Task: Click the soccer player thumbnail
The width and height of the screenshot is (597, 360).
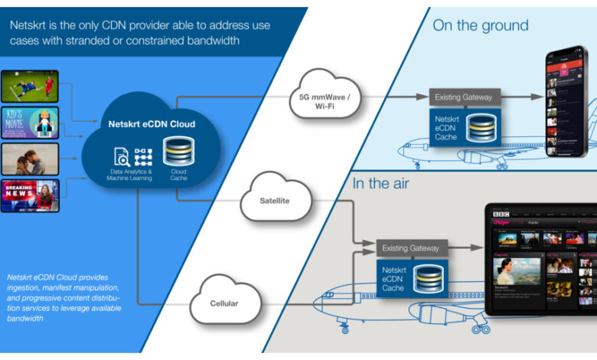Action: (x=30, y=87)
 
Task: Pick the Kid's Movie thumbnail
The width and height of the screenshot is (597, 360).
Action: (x=30, y=123)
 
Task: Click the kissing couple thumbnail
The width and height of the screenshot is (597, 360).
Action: (x=30, y=159)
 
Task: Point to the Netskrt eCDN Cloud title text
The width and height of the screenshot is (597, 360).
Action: (x=151, y=123)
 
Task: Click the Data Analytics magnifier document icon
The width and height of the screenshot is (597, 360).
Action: (x=122, y=157)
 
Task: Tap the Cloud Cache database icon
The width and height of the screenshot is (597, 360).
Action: (x=178, y=150)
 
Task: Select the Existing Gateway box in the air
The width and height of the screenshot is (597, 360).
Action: (x=409, y=248)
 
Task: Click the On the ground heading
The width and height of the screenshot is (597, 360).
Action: (x=480, y=25)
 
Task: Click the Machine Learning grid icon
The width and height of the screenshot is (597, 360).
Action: (x=143, y=156)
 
